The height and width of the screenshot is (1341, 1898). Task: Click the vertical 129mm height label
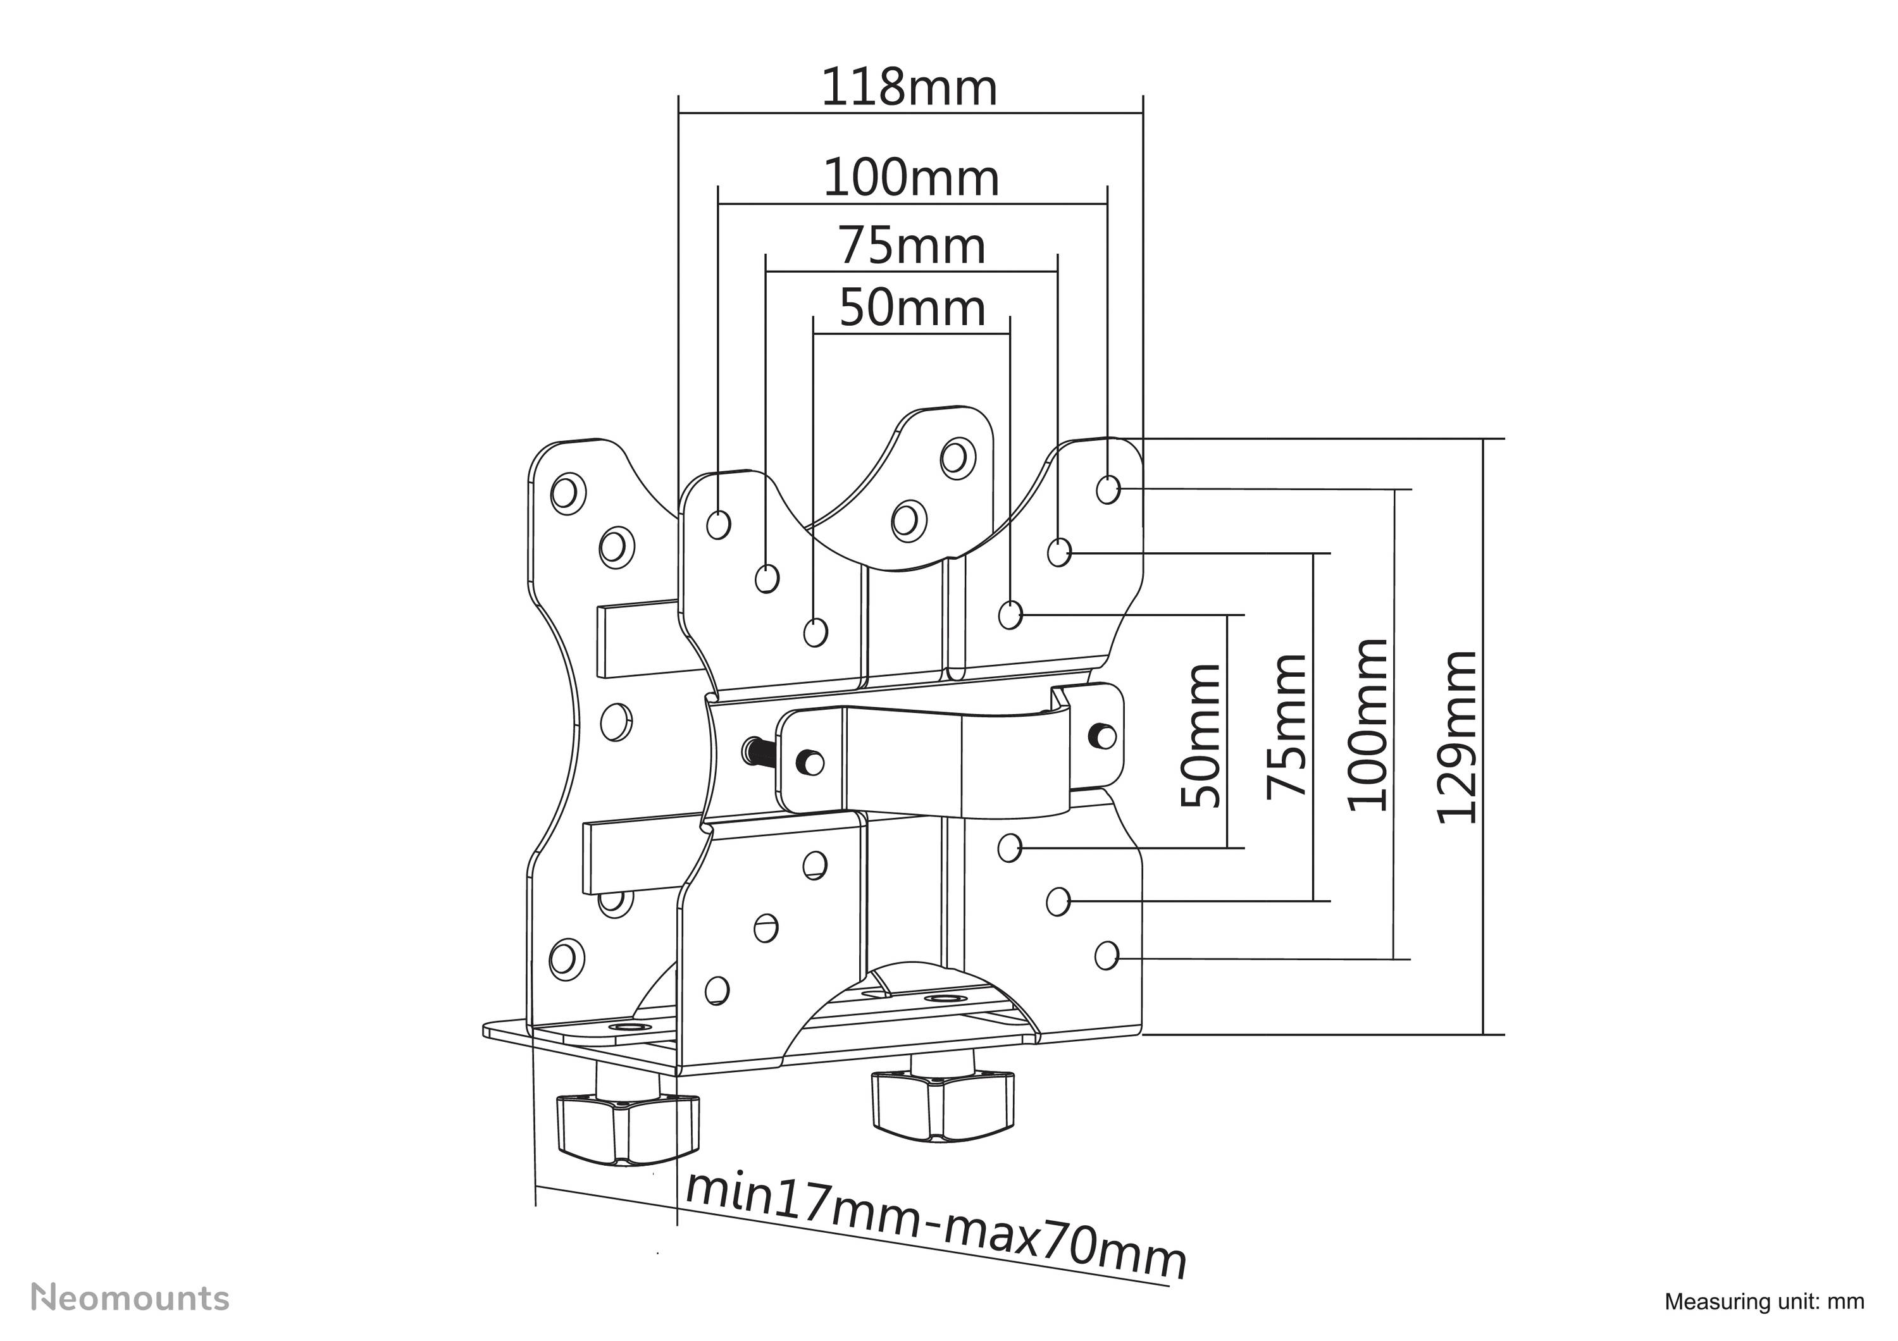tap(1456, 737)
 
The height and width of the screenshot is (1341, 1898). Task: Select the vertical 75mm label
tap(1287, 726)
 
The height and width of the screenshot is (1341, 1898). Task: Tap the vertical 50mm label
tap(1200, 736)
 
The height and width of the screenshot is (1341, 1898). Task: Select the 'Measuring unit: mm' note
tap(1764, 1301)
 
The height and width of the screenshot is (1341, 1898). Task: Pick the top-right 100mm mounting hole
tap(1108, 489)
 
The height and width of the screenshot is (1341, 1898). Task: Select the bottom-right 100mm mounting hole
tap(1106, 956)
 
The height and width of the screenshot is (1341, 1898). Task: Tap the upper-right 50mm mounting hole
tap(1010, 615)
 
